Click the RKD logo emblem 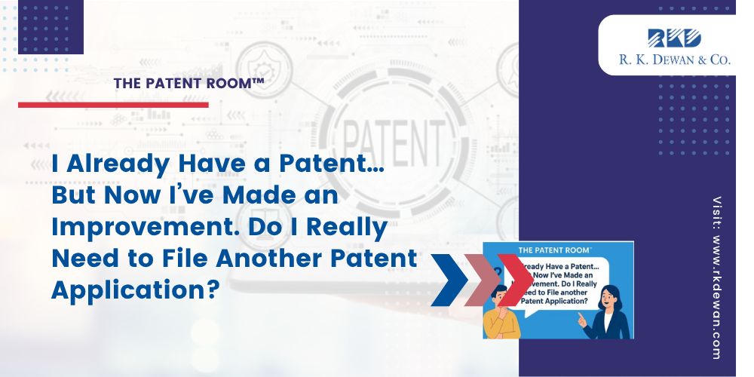coord(674,37)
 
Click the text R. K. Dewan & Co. coord(674,60)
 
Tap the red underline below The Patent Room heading coord(113,105)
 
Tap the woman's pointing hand coord(582,320)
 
